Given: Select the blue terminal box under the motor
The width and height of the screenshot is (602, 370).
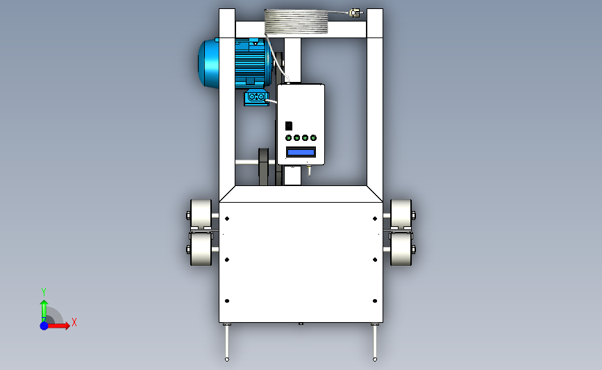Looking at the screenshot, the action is point(256,97).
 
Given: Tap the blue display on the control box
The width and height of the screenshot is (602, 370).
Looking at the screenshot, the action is point(301,153).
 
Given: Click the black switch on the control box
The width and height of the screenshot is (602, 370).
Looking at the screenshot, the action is point(289,126).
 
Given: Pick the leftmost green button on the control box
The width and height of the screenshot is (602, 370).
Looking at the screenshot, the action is point(289,137).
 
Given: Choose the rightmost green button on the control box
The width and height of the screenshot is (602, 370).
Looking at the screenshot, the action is point(313,137).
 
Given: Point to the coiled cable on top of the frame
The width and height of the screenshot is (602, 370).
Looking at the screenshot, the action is point(296,22).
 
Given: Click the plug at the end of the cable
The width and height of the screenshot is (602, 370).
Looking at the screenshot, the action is point(355,13).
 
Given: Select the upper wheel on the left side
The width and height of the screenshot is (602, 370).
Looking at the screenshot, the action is point(201,214).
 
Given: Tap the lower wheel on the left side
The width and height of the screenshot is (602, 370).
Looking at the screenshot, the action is point(201,249).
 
